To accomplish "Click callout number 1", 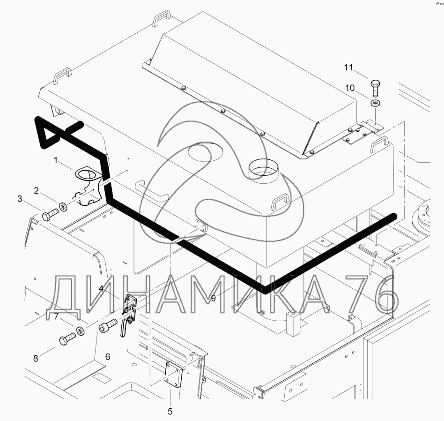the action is tap(55, 161).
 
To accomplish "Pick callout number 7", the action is tap(56, 316).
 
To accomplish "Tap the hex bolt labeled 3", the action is tap(48, 216).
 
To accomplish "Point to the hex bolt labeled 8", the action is tap(67, 339).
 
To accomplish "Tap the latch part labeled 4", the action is tap(129, 310).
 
